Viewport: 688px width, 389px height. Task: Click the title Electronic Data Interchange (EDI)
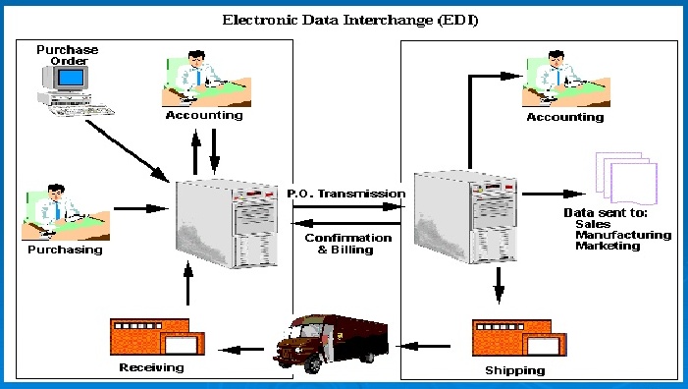coord(343,19)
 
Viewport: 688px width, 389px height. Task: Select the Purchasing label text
coord(62,250)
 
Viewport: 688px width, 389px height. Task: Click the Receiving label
coord(152,367)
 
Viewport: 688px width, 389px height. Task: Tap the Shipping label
coord(514,370)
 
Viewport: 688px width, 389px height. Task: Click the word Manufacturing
coord(623,235)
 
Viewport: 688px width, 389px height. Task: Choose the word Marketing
coord(608,246)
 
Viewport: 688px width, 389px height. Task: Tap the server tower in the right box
coord(463,215)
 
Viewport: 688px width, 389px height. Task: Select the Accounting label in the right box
coord(564,117)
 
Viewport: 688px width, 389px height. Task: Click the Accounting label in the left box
coord(204,115)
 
